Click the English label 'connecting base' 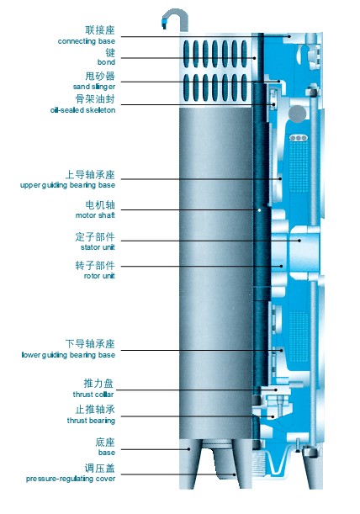click(x=87, y=41)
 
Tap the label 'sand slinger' click(x=94, y=87)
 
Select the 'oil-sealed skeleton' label click(x=82, y=110)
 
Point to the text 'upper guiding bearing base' click(x=67, y=185)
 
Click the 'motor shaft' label click(x=95, y=215)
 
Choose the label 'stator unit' click(x=98, y=247)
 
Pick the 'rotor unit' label click(x=99, y=276)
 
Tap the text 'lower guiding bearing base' click(x=68, y=355)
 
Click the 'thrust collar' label click(x=93, y=395)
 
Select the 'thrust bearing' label click(x=91, y=421)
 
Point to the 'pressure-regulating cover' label click(x=71, y=479)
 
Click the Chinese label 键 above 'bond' click(x=110, y=52)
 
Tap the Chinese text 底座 click(x=105, y=442)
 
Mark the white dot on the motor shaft click(x=259, y=210)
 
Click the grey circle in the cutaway click(x=298, y=114)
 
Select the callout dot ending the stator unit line click(x=299, y=241)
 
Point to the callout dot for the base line click(x=189, y=449)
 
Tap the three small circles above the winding click(x=299, y=138)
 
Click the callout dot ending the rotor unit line click(x=281, y=266)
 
